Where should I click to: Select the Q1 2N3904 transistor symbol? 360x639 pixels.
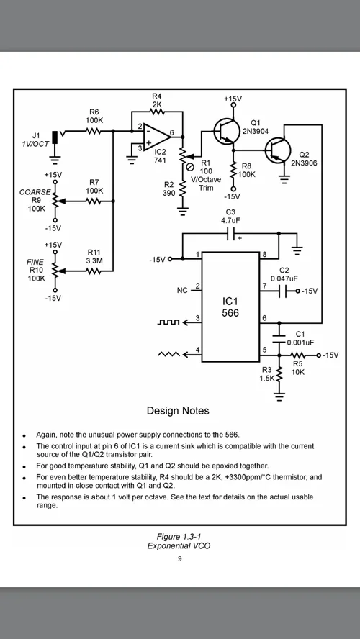(x=225, y=130)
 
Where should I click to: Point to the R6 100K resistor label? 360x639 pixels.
(x=94, y=116)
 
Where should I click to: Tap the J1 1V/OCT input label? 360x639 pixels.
(x=35, y=140)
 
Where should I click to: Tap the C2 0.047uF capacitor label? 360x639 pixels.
(x=284, y=274)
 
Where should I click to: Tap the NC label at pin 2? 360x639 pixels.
(x=182, y=291)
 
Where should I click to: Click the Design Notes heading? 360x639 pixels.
(x=178, y=411)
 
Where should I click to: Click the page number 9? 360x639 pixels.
(x=179, y=558)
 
